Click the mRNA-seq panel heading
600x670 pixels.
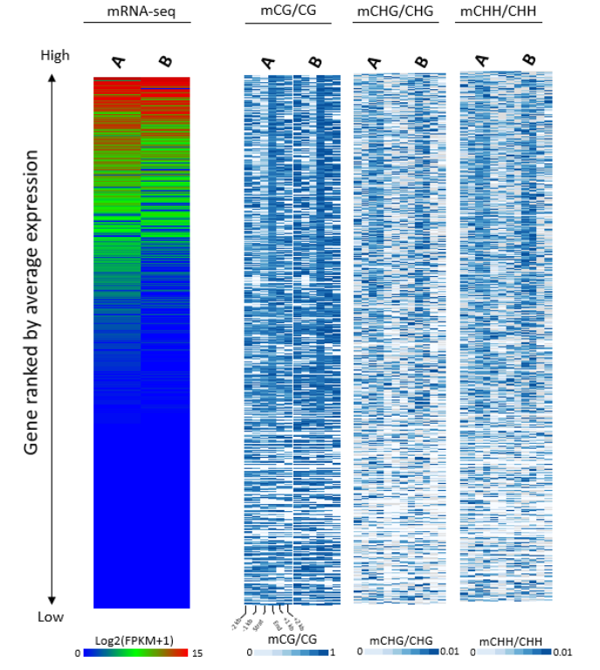141,12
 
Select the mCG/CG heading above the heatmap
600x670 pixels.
287,12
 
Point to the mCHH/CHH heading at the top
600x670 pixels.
505,12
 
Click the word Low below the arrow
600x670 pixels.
51,617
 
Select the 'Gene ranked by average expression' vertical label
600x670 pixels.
31,301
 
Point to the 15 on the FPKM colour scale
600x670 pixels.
197,653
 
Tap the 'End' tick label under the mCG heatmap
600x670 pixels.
277,625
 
